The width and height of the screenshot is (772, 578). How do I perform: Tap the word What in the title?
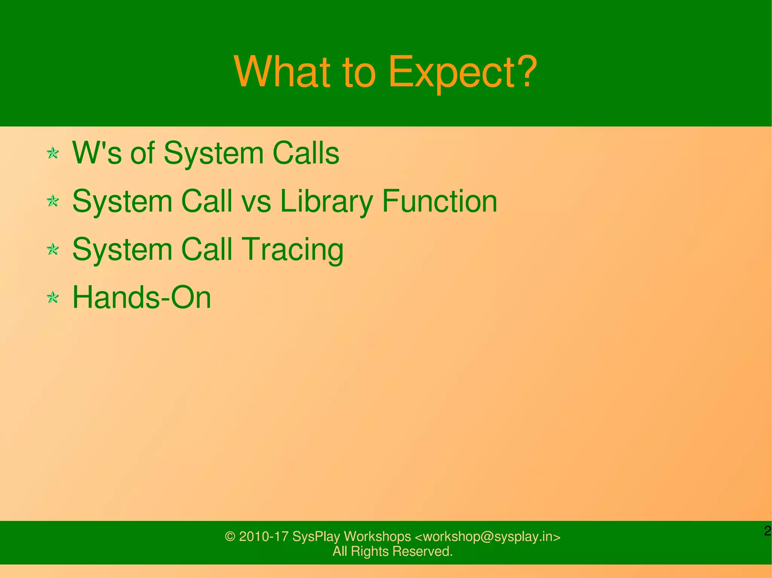tap(282, 72)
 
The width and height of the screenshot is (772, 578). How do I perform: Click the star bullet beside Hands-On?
tap(53, 298)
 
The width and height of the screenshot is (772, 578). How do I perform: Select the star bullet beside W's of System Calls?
tap(53, 153)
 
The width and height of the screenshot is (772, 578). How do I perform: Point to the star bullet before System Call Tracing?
tap(53, 249)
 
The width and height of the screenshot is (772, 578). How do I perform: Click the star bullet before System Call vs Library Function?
tap(53, 201)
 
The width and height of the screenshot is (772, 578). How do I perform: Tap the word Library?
tap(326, 201)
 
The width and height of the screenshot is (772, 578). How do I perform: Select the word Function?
tap(440, 201)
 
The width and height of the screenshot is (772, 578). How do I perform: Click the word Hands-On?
tap(141, 297)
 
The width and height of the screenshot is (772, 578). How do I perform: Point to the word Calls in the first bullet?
tap(306, 153)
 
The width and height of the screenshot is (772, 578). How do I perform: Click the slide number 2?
tap(767, 531)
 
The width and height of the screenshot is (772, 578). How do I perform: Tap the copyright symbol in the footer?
tap(230, 537)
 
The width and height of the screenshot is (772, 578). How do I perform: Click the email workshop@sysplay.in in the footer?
tap(487, 537)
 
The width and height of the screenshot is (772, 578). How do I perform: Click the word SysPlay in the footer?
tap(316, 537)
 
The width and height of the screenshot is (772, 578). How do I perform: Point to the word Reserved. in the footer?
tap(422, 551)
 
